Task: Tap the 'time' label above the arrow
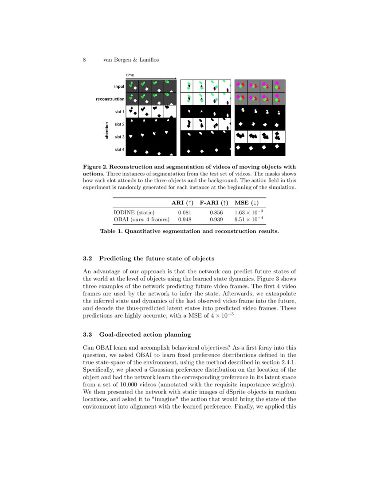[130, 75]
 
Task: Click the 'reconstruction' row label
[110, 99]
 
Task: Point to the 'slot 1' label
[119, 112]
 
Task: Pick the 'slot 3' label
[119, 137]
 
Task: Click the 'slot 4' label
[119, 150]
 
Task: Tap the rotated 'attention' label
[107, 131]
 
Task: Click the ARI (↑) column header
[182, 203]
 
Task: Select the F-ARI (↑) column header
[214, 203]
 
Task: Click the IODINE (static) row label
[134, 213]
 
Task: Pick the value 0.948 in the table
[185, 219]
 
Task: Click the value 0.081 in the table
[185, 213]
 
